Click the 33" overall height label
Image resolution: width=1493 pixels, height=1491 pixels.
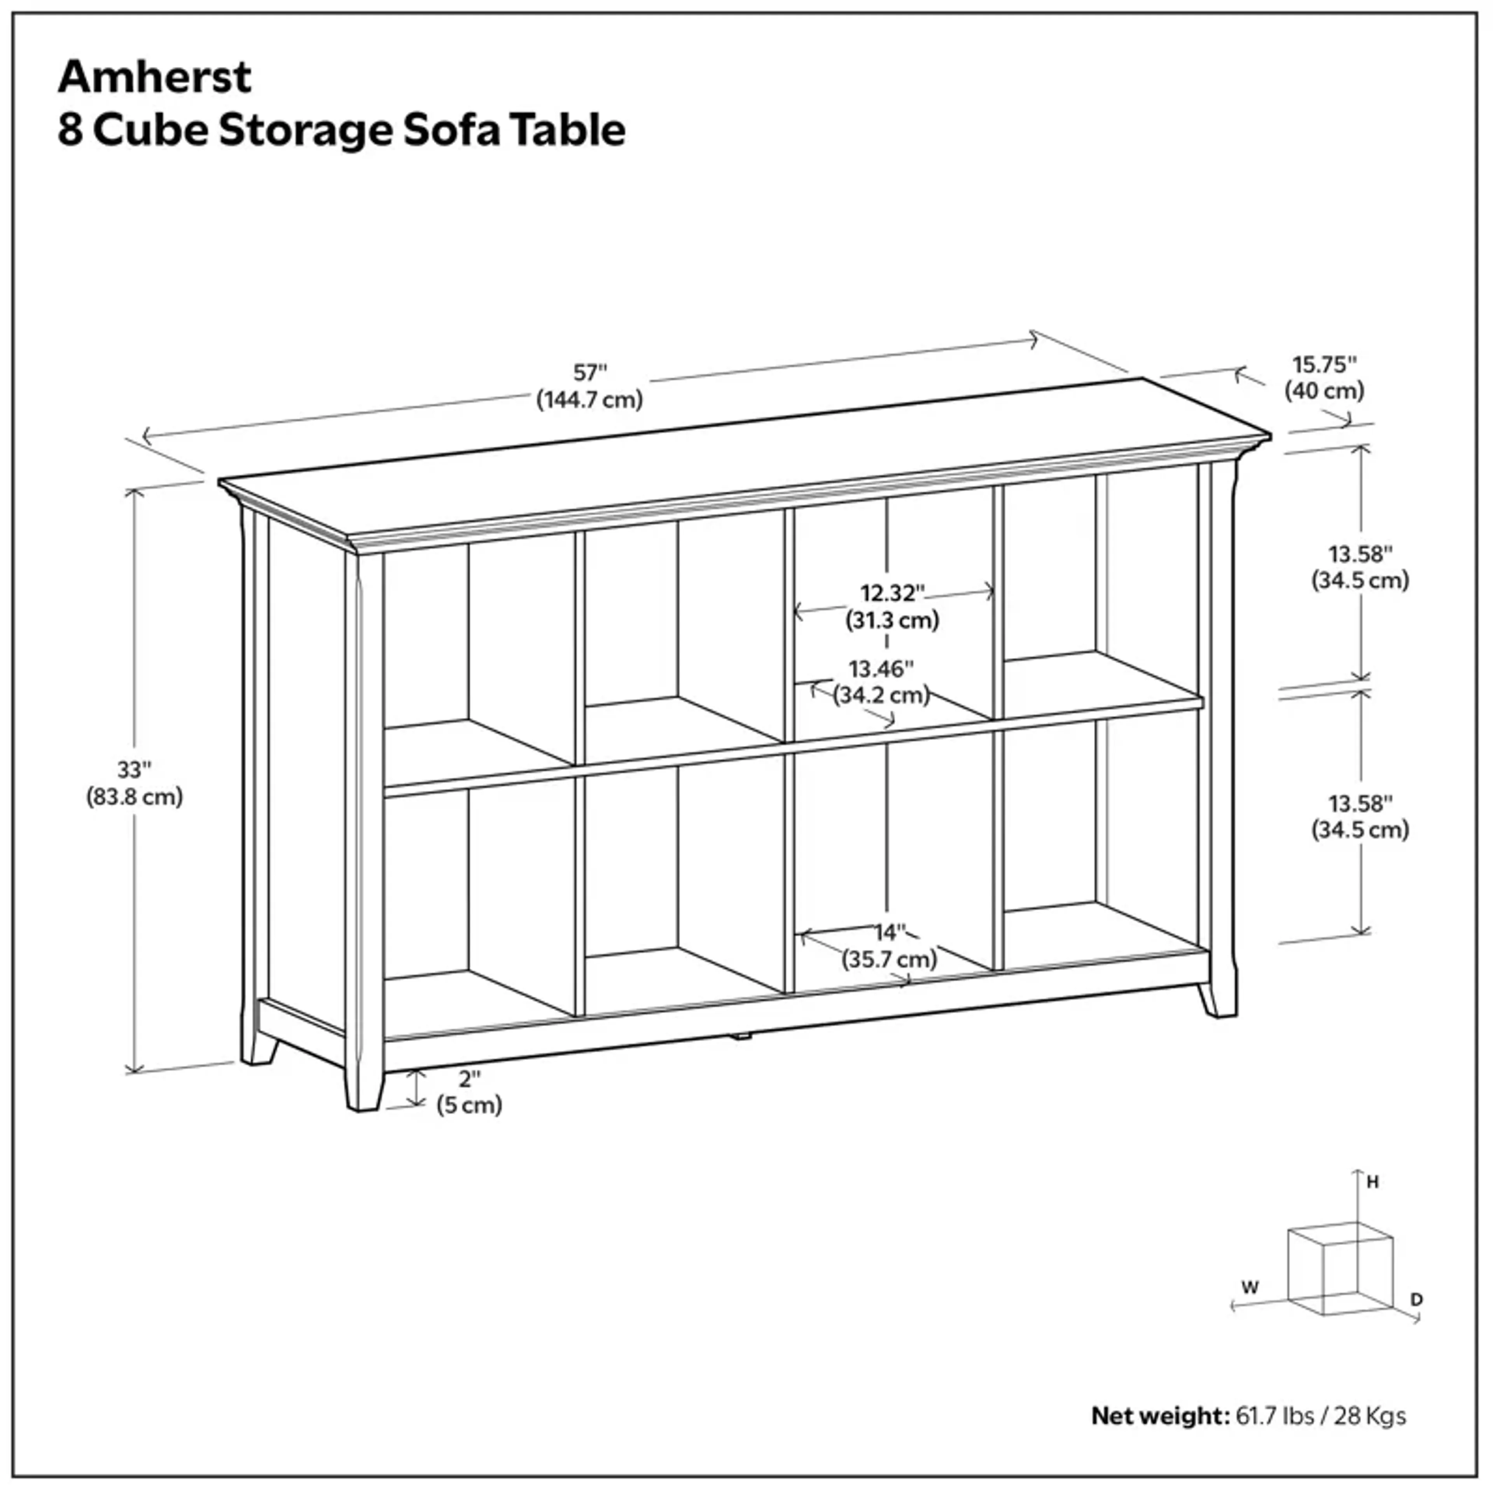135,770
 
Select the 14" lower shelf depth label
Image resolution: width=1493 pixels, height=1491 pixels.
889,932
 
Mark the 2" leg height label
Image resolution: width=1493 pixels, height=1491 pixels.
469,1078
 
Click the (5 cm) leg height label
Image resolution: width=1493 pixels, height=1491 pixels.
469,1105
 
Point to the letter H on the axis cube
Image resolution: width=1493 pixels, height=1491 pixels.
1372,1182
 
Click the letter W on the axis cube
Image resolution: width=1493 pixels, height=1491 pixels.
1250,1288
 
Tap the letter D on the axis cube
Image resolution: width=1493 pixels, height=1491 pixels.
1416,1300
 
